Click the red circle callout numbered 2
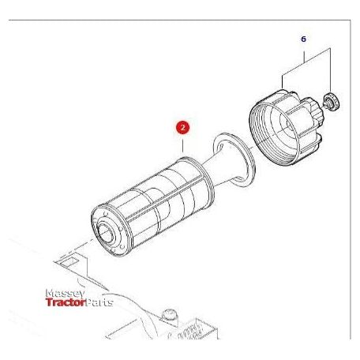(182, 126)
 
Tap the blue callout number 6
(302, 38)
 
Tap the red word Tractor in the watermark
(65, 302)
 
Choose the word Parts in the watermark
(99, 302)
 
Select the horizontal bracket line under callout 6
(304, 53)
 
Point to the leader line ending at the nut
(327, 75)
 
